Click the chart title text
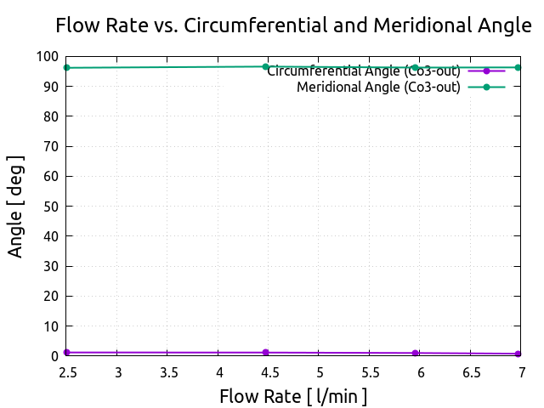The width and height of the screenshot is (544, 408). point(293,25)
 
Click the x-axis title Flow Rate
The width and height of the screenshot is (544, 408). point(293,396)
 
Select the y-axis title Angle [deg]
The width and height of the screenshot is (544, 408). point(16,207)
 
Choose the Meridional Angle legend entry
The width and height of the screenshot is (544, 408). point(378,87)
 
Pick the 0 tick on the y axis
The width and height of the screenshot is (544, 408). point(54,356)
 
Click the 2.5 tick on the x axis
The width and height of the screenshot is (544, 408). point(66,371)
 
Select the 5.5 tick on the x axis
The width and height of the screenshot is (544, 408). point(370,371)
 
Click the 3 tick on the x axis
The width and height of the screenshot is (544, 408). point(117,371)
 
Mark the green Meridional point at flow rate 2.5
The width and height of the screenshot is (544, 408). point(66,68)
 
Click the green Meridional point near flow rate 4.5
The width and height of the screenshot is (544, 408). point(265,66)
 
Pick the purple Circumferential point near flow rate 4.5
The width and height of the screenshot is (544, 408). point(265,353)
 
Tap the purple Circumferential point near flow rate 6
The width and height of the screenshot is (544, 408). point(415,354)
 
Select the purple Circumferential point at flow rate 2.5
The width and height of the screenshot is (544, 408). point(66,353)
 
